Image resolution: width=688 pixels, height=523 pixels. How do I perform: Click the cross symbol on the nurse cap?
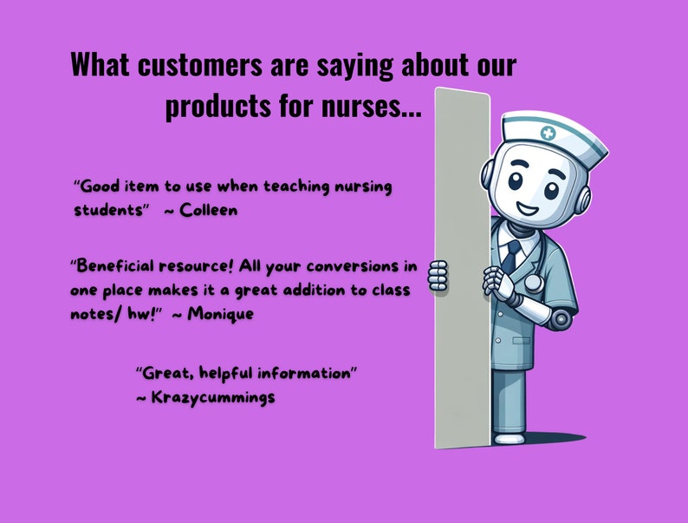[x=548, y=134]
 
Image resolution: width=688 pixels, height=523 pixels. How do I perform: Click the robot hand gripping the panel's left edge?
[x=438, y=277]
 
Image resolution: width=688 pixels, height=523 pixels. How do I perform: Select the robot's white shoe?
[x=509, y=438]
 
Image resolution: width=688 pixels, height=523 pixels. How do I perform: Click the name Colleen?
[x=208, y=210]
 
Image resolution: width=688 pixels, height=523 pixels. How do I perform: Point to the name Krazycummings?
[x=212, y=397]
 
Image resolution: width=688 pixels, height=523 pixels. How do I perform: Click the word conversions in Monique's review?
[x=353, y=265]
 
